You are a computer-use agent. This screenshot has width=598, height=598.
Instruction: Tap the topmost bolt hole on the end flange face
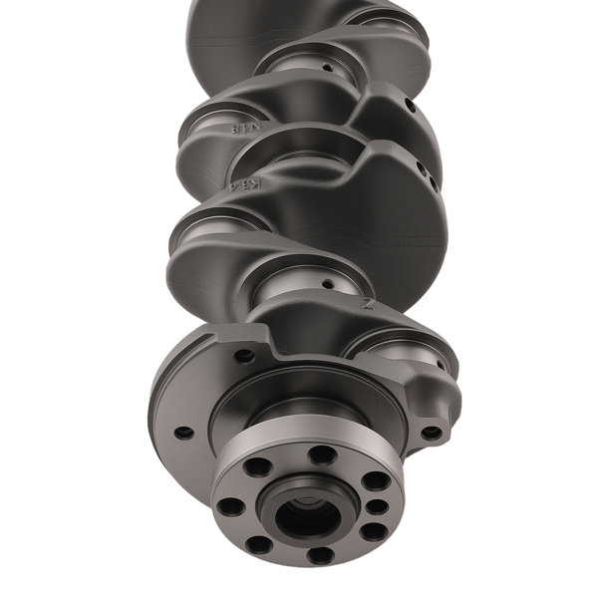point(322,454)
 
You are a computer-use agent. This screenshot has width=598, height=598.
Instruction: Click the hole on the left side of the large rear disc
point(183,434)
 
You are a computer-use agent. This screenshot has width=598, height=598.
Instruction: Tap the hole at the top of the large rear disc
point(243,355)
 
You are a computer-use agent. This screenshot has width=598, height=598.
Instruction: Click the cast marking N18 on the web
point(242,128)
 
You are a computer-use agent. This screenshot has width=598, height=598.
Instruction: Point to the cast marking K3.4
point(251,185)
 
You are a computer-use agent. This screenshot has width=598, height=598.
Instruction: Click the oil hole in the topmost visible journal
point(326,69)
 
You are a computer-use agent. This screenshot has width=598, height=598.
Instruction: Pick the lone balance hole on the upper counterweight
point(410,104)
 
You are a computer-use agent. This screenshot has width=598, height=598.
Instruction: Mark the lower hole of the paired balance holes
point(428,182)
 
